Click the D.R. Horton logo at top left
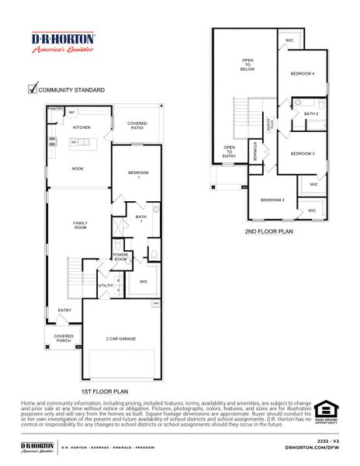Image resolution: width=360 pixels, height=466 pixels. tap(63, 43)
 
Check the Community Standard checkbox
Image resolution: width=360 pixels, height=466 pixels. tap(33, 89)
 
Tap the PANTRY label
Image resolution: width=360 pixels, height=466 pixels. tap(55, 110)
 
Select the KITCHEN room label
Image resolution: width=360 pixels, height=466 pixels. tap(81, 127)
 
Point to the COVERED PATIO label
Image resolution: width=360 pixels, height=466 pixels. tap(137, 126)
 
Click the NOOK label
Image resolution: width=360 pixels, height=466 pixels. tap(78, 169)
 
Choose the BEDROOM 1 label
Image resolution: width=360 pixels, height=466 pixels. tap(138, 175)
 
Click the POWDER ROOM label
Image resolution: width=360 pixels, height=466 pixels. tap(120, 257)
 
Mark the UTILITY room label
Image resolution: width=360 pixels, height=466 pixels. tap(106, 286)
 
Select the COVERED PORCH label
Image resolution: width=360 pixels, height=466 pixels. tap(64, 339)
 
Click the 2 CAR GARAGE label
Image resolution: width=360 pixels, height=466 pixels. tap(122, 339)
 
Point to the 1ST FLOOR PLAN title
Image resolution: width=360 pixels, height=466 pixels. tap(104, 392)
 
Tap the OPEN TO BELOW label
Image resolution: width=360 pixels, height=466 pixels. tap(247, 64)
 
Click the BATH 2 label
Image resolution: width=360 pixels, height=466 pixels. tap(310, 114)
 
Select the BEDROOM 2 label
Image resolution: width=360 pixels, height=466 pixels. tap(272, 200)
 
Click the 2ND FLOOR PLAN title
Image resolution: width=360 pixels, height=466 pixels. tap(268, 231)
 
